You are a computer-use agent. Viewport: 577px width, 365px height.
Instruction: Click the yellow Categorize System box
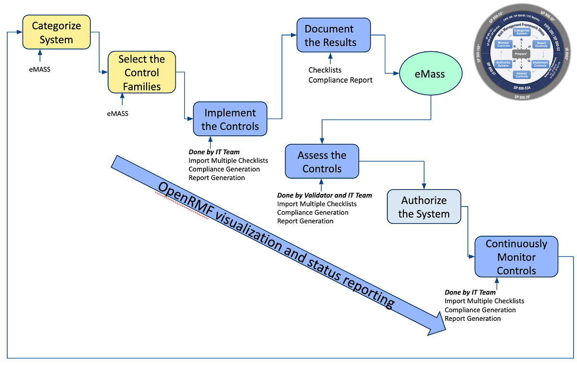pyautogui.click(x=56, y=33)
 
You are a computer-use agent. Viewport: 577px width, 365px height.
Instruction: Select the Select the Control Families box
pyautogui.click(x=141, y=73)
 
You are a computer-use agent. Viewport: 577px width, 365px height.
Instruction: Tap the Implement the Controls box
pyautogui.click(x=230, y=120)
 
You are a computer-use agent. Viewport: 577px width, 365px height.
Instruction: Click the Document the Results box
pyautogui.click(x=333, y=36)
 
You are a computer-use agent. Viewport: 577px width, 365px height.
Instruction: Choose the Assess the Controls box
pyautogui.click(x=322, y=162)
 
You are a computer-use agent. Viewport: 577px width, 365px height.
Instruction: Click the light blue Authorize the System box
pyautogui.click(x=424, y=207)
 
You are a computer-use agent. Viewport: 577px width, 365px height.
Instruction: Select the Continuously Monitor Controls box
pyautogui.click(x=516, y=257)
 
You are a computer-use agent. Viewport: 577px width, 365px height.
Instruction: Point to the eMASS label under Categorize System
pyautogui.click(x=40, y=69)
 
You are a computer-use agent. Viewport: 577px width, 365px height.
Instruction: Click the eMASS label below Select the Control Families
pyautogui.click(x=117, y=114)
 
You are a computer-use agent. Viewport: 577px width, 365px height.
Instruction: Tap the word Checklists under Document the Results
pyautogui.click(x=325, y=70)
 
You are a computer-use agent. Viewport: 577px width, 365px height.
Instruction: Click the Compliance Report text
pyautogui.click(x=340, y=80)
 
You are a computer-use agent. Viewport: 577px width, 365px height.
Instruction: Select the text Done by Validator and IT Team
pyautogui.click(x=325, y=195)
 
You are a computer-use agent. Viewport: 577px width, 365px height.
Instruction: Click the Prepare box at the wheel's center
pyautogui.click(x=521, y=54)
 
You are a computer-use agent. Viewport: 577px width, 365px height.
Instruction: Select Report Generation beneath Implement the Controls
pyautogui.click(x=216, y=178)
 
